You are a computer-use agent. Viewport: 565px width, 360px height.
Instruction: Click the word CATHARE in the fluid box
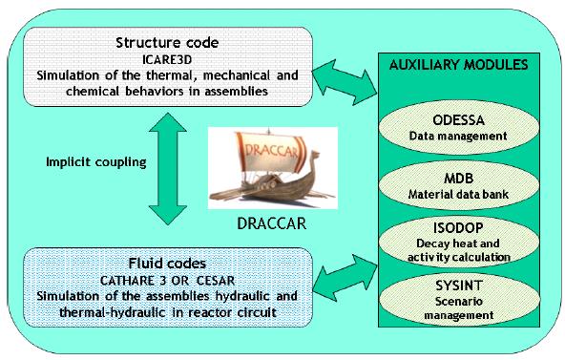127,279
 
